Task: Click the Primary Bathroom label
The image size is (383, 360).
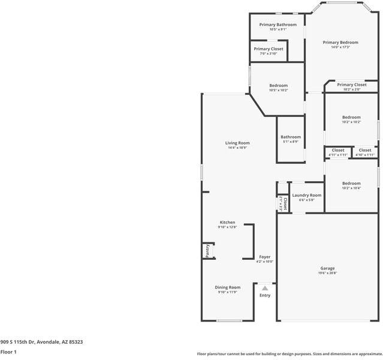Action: tap(278, 25)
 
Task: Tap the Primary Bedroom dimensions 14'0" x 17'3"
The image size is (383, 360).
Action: tap(340, 47)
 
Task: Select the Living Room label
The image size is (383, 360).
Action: tap(237, 143)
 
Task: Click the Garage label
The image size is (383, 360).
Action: tap(327, 268)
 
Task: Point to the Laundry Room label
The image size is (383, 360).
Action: tap(306, 195)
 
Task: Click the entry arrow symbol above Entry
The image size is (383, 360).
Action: tap(265, 289)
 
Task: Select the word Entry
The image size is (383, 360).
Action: tap(265, 295)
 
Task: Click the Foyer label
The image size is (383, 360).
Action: tap(264, 257)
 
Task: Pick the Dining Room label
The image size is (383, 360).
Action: tap(228, 287)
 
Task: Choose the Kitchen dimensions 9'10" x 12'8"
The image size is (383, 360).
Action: tap(227, 227)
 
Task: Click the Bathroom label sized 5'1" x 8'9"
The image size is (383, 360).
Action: tap(291, 137)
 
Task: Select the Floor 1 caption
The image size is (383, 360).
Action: tap(8, 352)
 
